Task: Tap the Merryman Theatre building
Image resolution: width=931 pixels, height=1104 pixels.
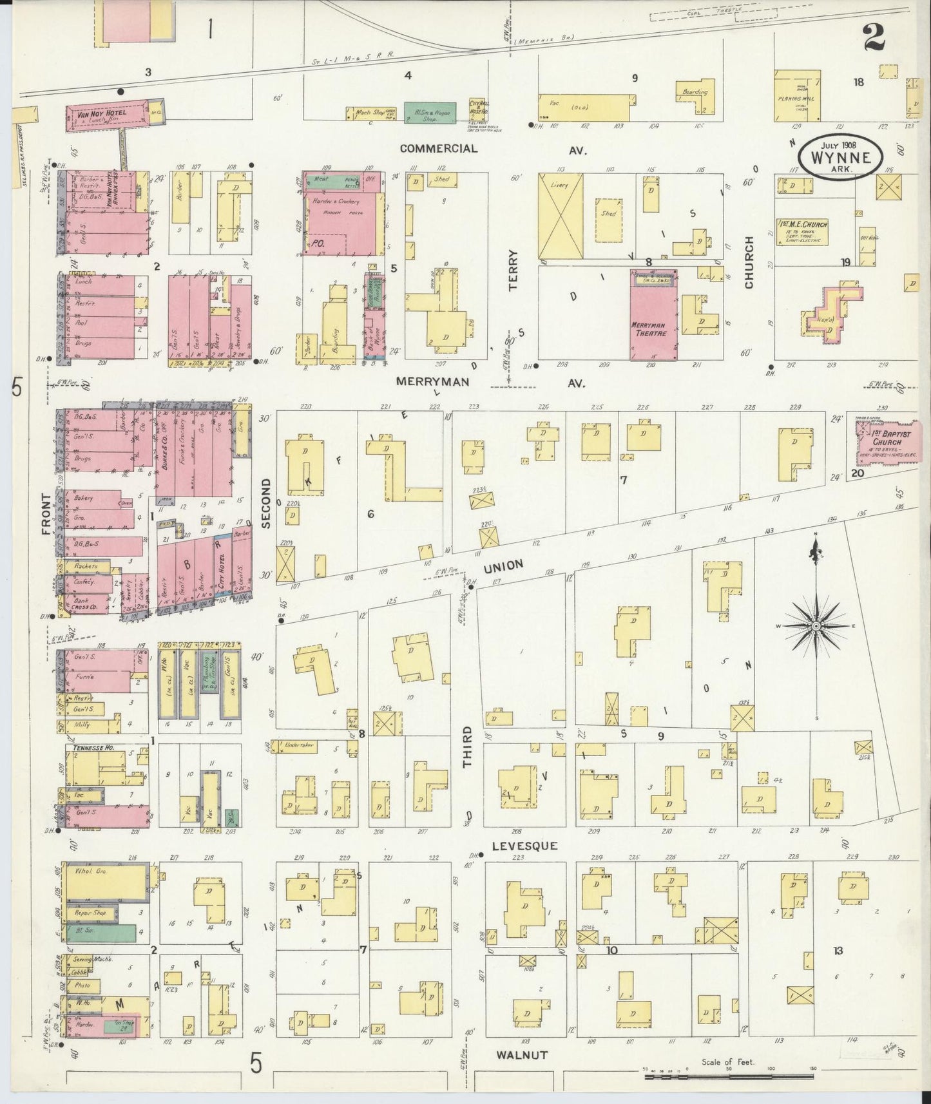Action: (x=653, y=322)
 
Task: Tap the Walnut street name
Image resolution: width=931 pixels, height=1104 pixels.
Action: (x=522, y=1055)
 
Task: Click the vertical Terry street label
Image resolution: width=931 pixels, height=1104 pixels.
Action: (x=513, y=270)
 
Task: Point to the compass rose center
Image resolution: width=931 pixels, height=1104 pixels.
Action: (x=816, y=626)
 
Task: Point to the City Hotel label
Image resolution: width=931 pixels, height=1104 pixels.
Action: (x=220, y=567)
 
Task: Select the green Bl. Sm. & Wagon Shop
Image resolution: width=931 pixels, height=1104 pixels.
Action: (x=430, y=113)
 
